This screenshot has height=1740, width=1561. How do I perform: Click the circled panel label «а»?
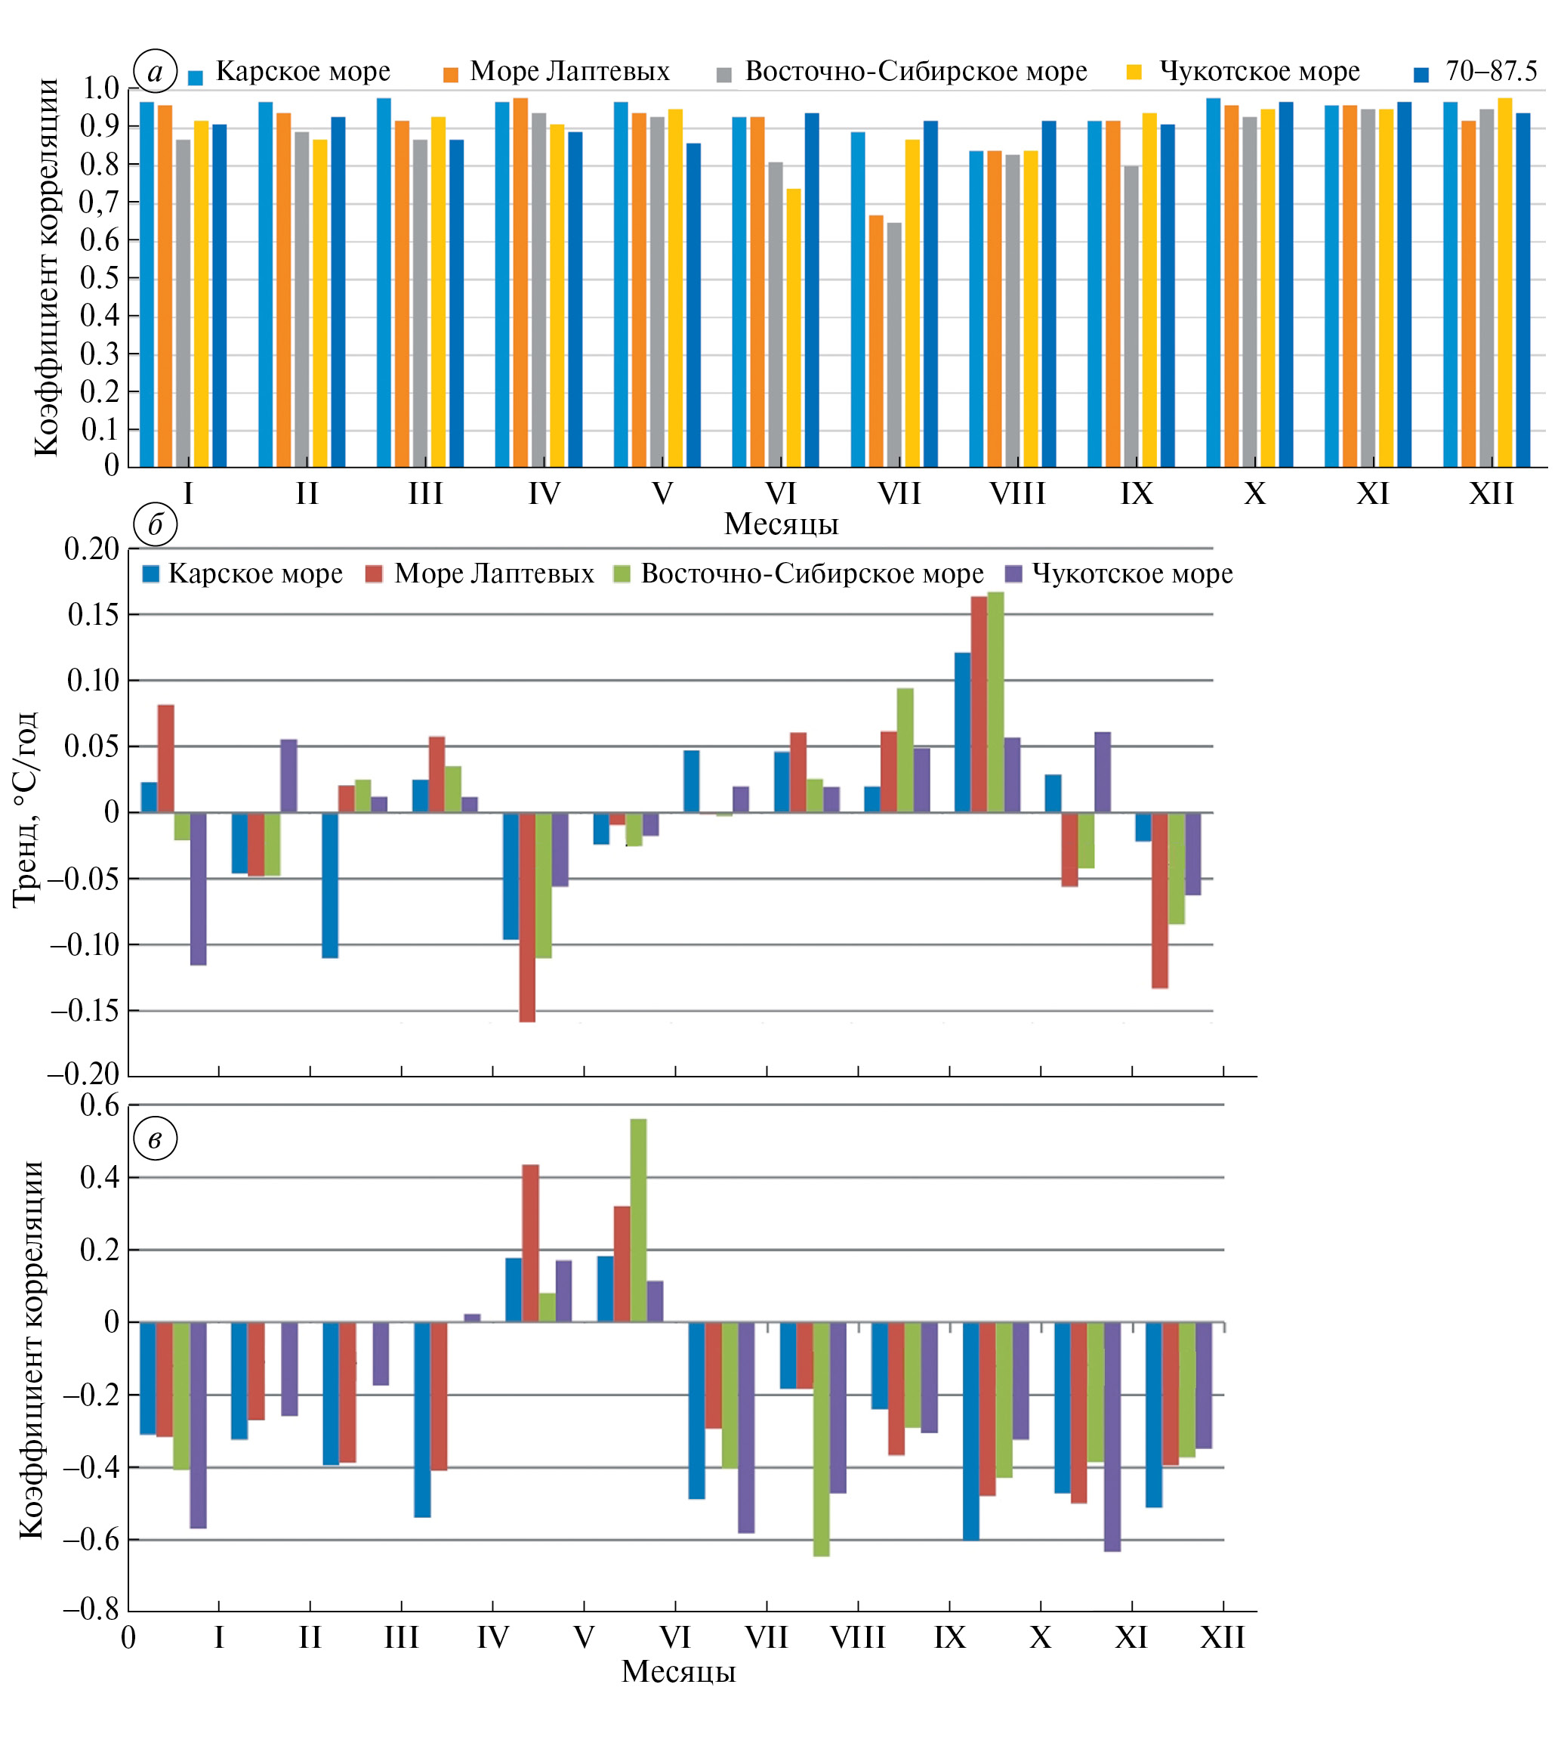[156, 72]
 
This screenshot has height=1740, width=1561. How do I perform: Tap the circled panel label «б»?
[156, 525]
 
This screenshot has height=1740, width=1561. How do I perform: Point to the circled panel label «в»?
[156, 1139]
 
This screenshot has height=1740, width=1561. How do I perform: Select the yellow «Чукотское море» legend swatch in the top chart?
[1134, 74]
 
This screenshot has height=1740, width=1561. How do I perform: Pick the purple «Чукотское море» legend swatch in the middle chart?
[1013, 574]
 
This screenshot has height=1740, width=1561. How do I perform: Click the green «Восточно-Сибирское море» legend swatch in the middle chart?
[622, 574]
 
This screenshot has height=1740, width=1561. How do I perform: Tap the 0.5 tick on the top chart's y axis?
[100, 278]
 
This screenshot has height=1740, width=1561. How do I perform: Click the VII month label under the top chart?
[899, 494]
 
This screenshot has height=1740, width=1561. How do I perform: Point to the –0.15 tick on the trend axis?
[85, 1011]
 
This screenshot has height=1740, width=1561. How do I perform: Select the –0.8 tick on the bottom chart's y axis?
[91, 1609]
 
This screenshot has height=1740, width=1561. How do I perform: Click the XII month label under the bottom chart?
[1222, 1638]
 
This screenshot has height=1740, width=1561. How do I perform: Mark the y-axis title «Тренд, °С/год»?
[25, 809]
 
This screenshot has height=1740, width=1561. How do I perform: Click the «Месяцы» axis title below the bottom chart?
[678, 1671]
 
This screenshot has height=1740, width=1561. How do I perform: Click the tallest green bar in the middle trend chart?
[995, 702]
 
